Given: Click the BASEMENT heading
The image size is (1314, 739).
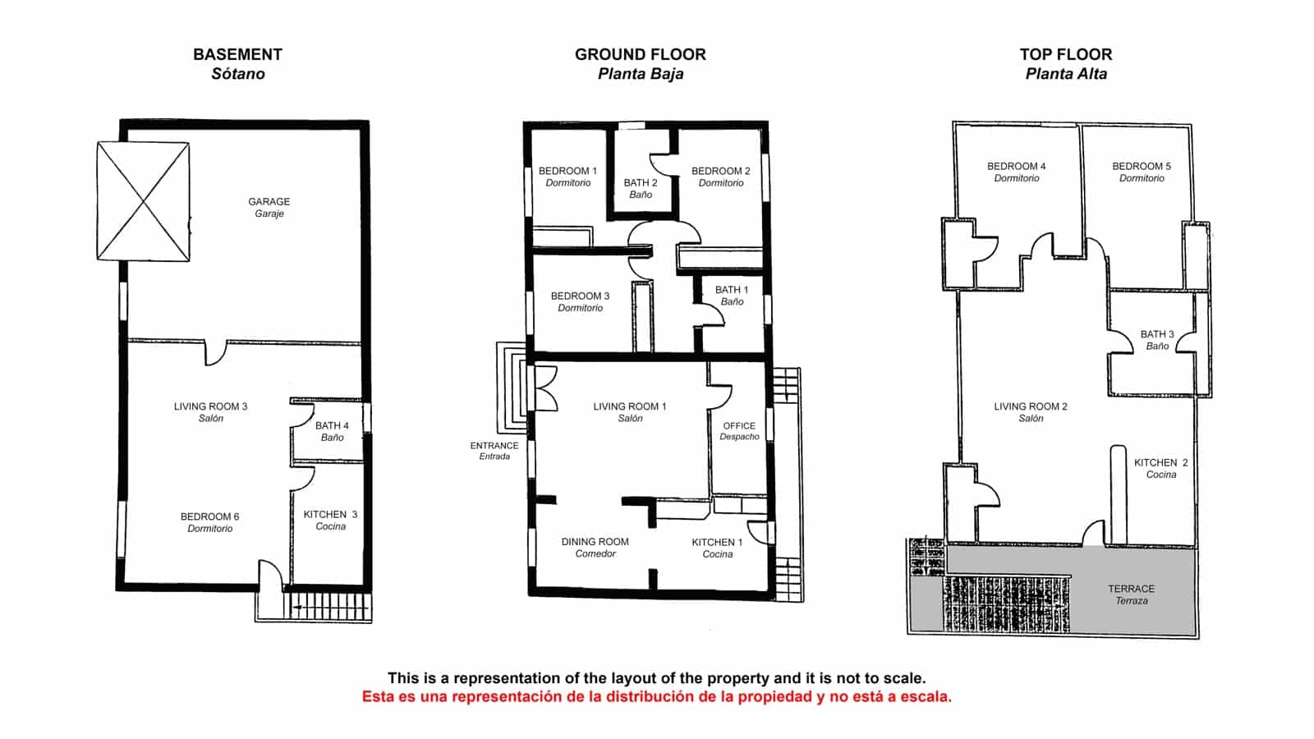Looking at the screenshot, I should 237,54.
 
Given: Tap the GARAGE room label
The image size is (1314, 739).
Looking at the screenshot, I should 269,206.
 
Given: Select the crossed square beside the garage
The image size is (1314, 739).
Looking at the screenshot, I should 144,201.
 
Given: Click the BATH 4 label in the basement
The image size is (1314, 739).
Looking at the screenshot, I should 332,431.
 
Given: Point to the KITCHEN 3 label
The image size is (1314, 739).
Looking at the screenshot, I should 330,520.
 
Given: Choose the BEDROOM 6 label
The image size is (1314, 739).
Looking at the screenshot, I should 209,522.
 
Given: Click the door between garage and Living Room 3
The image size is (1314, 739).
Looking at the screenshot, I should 216,352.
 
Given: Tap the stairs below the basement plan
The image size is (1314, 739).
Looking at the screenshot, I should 327,606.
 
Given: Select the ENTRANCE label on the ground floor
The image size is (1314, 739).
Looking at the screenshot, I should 494,450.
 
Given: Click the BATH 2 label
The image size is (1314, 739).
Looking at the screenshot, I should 641,188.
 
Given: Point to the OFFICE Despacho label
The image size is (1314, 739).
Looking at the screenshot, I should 739,431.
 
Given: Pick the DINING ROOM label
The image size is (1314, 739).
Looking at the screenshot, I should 595,547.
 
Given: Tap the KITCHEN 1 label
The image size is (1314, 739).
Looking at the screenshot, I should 717,548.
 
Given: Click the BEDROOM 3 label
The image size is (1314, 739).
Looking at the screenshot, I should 580,301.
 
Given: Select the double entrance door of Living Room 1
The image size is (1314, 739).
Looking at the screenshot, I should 545,388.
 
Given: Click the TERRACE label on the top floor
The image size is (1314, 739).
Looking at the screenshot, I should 1131,594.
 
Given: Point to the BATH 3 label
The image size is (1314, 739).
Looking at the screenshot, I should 1157,340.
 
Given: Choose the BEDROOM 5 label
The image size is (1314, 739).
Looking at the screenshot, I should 1142,172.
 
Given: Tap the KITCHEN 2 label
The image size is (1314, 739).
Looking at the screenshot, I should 1160,468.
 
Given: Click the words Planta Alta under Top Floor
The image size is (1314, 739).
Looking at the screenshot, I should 1066,74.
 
